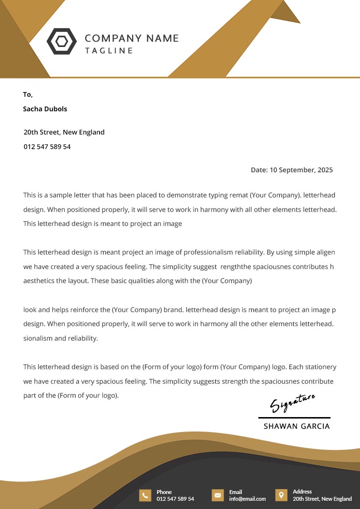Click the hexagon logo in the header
(61, 41)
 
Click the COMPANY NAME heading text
(132, 38)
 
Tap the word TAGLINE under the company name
(109, 51)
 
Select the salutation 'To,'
(28, 94)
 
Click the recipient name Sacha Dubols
(45, 109)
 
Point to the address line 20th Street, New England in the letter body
(64, 132)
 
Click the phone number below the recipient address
(47, 147)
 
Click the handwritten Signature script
(292, 403)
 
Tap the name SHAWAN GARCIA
(297, 426)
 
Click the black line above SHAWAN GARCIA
(294, 417)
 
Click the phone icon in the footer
(145, 495)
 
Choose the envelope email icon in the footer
(218, 495)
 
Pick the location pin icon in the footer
(281, 495)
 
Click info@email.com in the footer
(247, 499)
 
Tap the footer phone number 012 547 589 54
(175, 499)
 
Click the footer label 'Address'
(302, 492)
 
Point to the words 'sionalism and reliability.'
(60, 338)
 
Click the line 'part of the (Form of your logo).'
(71, 395)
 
